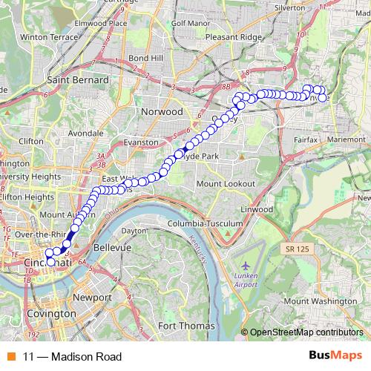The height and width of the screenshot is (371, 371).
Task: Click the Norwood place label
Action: [x=162, y=111]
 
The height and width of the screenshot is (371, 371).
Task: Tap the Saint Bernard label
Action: [x=78, y=79]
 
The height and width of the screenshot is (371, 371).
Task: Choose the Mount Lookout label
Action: [x=226, y=182]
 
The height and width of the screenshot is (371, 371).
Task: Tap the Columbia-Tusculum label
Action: [x=206, y=223]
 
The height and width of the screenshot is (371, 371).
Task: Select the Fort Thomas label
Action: [x=186, y=326]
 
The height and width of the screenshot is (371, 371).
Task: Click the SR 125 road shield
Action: [x=300, y=252]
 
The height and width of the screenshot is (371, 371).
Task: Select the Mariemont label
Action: [x=345, y=139]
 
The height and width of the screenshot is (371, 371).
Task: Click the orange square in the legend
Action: [x=11, y=356]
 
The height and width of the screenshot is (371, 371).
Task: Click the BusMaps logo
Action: [x=335, y=355]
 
